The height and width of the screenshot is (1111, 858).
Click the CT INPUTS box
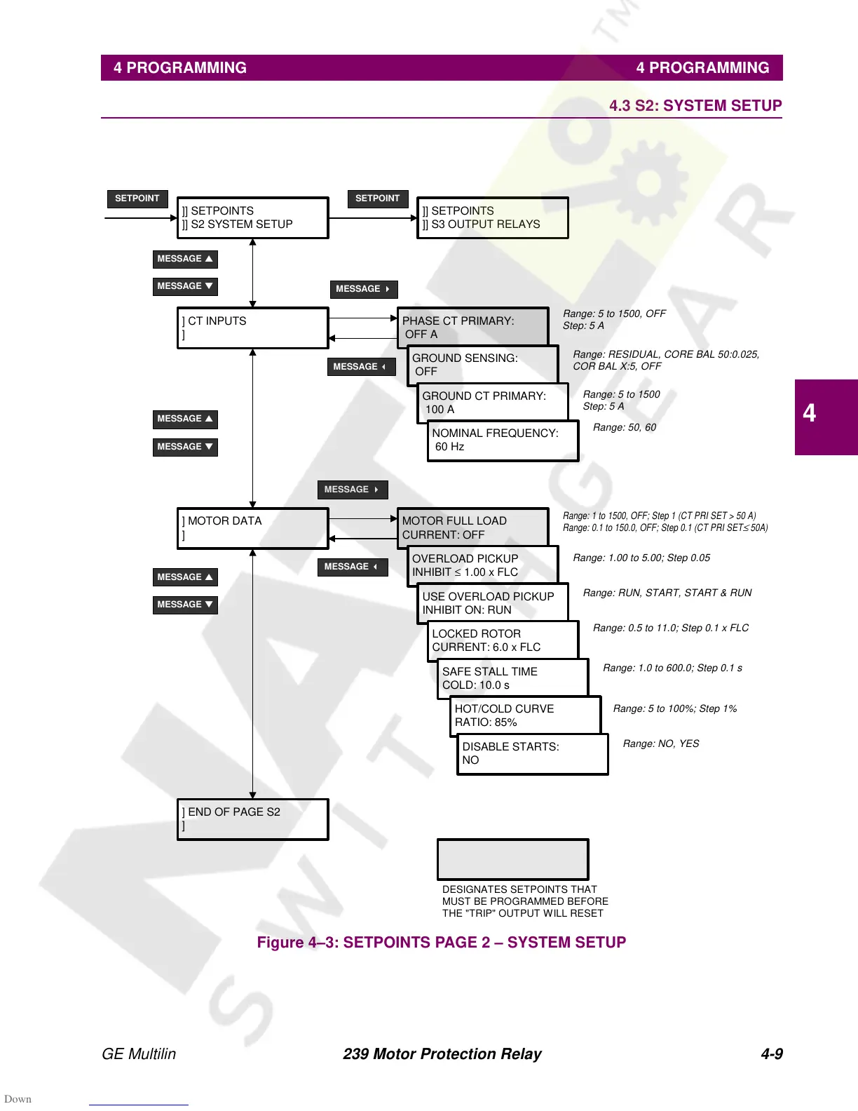pyautogui.click(x=252, y=328)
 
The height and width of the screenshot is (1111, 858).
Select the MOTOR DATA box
pyautogui.click(x=252, y=528)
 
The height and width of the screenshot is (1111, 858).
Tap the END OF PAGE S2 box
pyautogui.click(x=252, y=819)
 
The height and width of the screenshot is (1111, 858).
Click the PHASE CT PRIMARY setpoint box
pyautogui.click(x=472, y=327)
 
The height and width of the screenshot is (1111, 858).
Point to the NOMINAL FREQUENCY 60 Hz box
pyautogui.click(x=503, y=440)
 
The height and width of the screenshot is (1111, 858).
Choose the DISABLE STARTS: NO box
pyautogui.click(x=532, y=754)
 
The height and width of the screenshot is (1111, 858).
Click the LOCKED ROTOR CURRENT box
pyautogui.click(x=503, y=640)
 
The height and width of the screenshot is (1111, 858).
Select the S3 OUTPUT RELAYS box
pyautogui.click(x=492, y=217)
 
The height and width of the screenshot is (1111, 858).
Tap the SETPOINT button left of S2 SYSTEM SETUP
pyautogui.click(x=137, y=198)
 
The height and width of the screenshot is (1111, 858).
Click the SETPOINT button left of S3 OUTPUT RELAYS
pyautogui.click(x=377, y=198)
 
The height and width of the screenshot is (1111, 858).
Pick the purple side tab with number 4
pyautogui.click(x=826, y=417)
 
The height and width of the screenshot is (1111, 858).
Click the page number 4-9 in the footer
pyautogui.click(x=771, y=1053)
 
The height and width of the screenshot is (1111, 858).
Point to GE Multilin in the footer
pyautogui.click(x=139, y=1053)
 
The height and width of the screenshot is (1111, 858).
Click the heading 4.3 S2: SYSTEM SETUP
pyautogui.click(x=695, y=106)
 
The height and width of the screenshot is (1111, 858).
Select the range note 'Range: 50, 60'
pyautogui.click(x=624, y=427)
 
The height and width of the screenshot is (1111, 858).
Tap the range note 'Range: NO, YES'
pyautogui.click(x=660, y=743)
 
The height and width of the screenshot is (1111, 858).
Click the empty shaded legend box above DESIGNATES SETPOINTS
pyautogui.click(x=512, y=859)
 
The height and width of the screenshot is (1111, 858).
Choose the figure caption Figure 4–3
pyautogui.click(x=441, y=942)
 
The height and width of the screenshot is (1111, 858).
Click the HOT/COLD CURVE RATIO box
pyautogui.click(x=525, y=715)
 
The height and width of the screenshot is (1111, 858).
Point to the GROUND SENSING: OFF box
pyautogui.click(x=482, y=365)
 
